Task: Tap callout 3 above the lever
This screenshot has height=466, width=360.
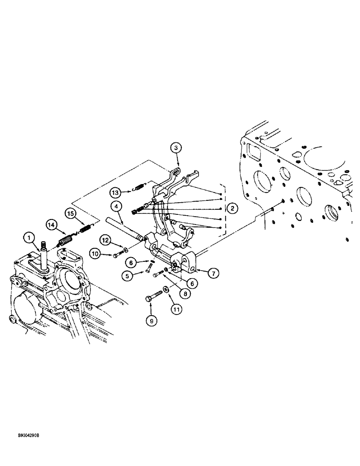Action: [176, 148]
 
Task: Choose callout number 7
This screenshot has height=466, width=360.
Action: [212, 274]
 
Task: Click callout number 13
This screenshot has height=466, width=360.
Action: [116, 192]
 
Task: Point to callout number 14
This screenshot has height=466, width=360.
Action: [52, 225]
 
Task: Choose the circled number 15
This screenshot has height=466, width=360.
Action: [71, 214]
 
